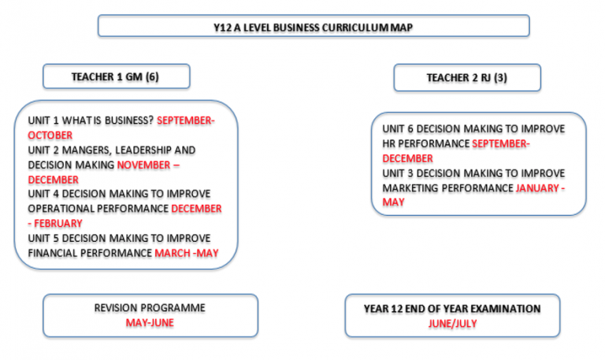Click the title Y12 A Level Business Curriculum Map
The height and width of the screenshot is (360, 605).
[314, 28]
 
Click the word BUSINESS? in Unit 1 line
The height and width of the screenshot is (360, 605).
[129, 121]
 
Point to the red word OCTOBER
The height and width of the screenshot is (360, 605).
[50, 135]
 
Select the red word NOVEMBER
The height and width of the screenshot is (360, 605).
[143, 165]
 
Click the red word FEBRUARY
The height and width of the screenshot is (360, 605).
[58, 224]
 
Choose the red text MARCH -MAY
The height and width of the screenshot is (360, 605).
[187, 253]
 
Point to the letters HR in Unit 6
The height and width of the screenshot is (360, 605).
[388, 143]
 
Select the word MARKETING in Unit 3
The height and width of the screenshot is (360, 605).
[409, 188]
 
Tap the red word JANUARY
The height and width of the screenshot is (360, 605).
[537, 188]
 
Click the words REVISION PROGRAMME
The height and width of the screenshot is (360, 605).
[150, 308]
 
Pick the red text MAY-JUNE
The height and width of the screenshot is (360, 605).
[150, 322]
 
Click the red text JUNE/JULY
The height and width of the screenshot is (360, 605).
[452, 323]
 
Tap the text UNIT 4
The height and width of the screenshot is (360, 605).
[43, 193]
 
